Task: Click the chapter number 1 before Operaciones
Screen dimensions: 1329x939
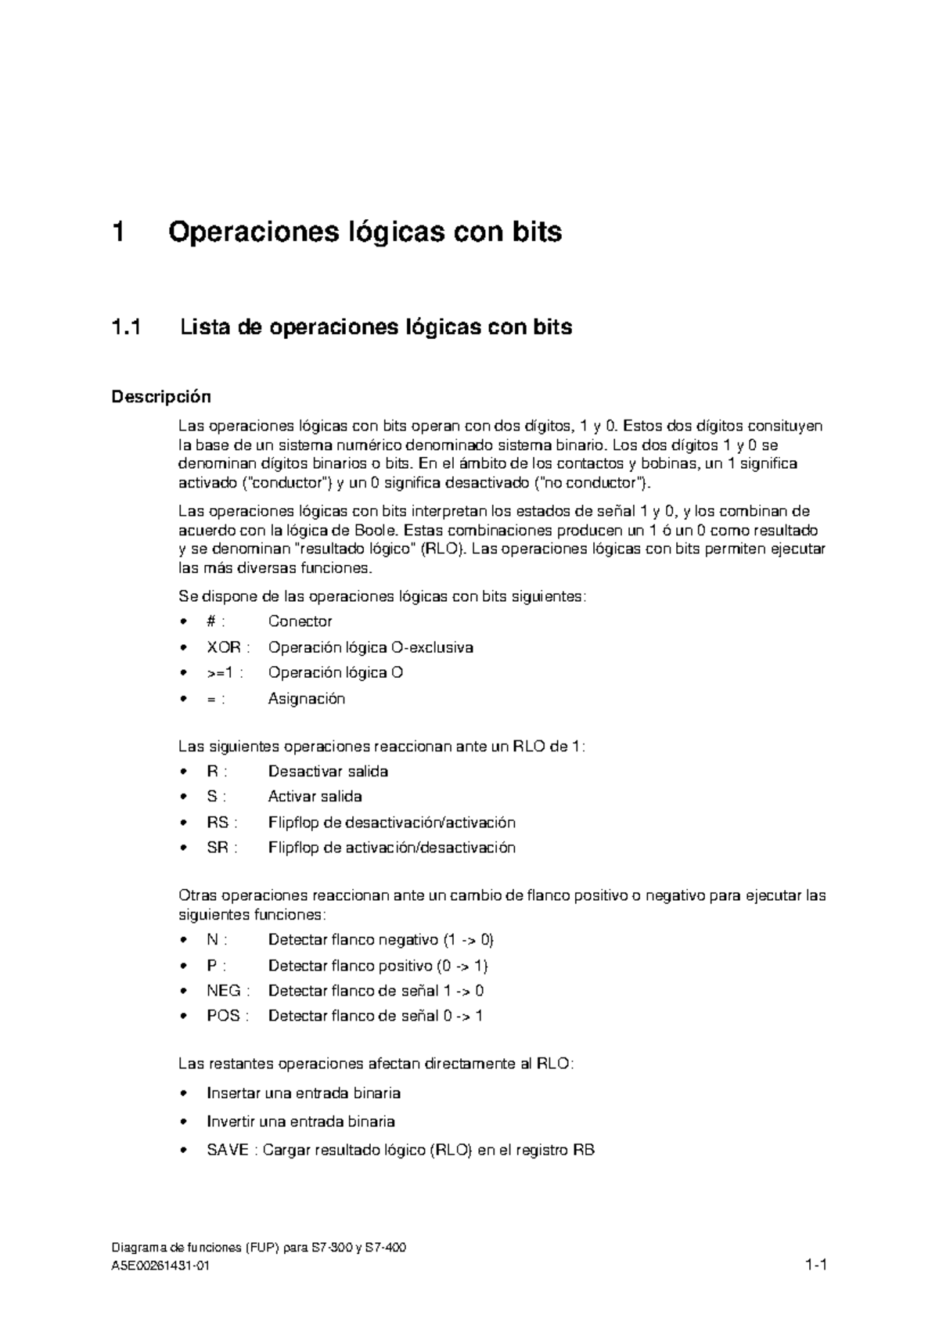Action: coord(119,232)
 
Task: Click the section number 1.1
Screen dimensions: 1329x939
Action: coord(128,327)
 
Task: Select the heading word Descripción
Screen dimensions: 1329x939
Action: coord(160,397)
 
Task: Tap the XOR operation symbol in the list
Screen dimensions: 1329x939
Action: coord(223,648)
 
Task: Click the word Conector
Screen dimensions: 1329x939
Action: coord(300,621)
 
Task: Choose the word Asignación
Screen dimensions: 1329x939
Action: coord(306,699)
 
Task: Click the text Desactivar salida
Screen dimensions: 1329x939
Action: coord(328,772)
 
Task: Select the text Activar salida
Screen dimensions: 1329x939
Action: coord(315,797)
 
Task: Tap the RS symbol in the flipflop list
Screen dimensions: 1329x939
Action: coord(218,823)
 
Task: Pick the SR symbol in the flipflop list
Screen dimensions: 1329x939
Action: coord(218,848)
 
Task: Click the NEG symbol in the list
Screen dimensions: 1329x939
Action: coord(223,991)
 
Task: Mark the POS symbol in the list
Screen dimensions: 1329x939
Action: coord(223,1016)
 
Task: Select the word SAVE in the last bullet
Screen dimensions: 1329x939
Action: coord(228,1151)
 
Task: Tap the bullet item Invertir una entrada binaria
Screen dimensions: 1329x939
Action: coord(300,1122)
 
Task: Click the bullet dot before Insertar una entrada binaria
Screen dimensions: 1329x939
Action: coord(183,1093)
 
